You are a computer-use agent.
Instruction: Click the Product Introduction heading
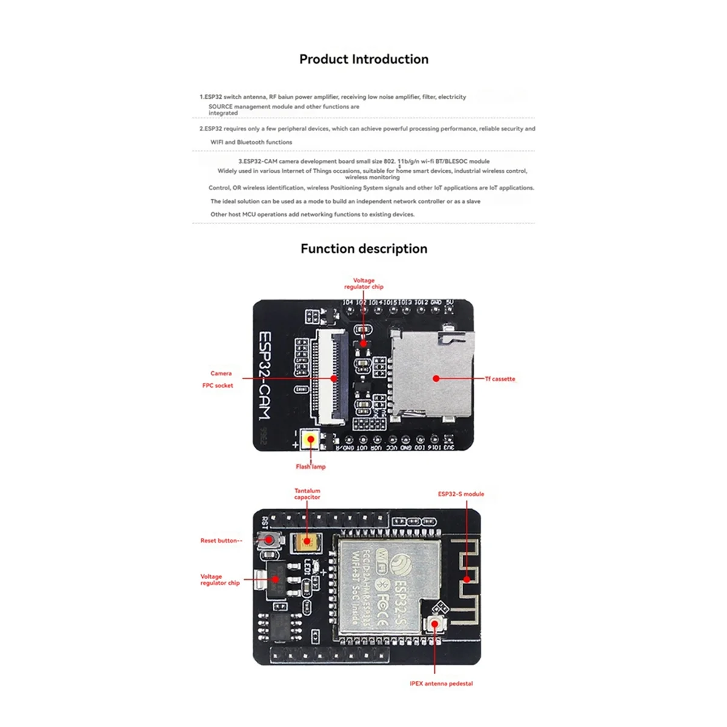pyautogui.click(x=363, y=59)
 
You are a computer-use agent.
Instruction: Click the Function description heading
pyautogui.click(x=363, y=249)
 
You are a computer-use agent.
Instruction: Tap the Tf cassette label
pyautogui.click(x=500, y=379)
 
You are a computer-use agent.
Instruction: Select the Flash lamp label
pyautogui.click(x=310, y=466)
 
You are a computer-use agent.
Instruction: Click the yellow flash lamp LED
pyautogui.click(x=311, y=439)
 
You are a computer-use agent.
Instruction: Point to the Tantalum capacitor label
pyautogui.click(x=307, y=494)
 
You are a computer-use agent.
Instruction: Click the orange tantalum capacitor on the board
pyautogui.click(x=307, y=543)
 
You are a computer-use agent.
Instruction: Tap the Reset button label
pyautogui.click(x=221, y=540)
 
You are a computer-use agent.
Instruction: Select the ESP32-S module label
pyautogui.click(x=461, y=494)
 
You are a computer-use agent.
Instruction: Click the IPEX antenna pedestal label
pyautogui.click(x=441, y=683)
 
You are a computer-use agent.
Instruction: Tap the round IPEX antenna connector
pyautogui.click(x=434, y=624)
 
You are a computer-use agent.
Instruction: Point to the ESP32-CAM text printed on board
pyautogui.click(x=265, y=376)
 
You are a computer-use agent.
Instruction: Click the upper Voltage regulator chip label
pyautogui.click(x=363, y=284)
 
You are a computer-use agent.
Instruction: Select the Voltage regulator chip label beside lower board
pyautogui.click(x=219, y=580)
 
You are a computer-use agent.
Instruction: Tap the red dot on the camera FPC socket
pyautogui.click(x=334, y=379)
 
